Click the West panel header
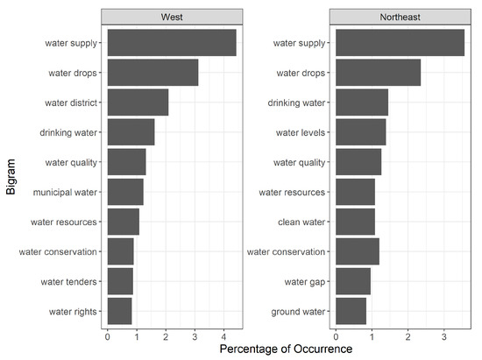pos(173,16)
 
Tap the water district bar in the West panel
pos(138,102)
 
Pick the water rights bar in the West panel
pos(119,311)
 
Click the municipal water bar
pos(124,192)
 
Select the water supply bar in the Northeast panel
pos(400,43)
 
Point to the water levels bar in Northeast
pos(360,132)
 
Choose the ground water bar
pos(351,311)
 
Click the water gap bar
pos(353,281)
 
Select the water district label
pos(72,102)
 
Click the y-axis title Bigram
pos(11,177)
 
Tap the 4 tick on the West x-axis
pos(223,334)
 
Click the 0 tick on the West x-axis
pos(107,334)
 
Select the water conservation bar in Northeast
pos(357,251)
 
